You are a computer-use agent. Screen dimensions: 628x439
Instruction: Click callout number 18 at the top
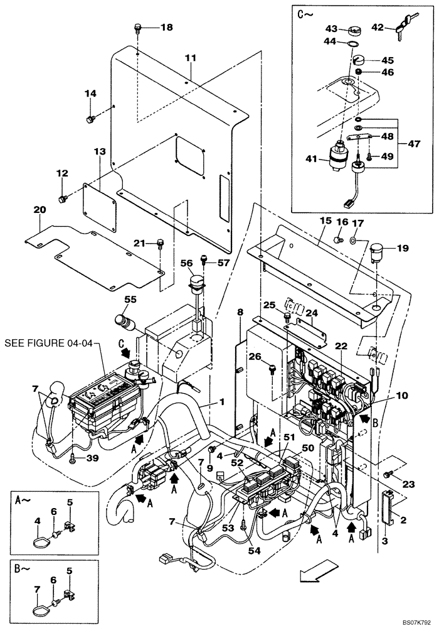click(166, 27)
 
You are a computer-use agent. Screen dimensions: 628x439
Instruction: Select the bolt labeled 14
click(92, 117)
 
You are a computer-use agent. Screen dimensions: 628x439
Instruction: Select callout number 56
click(187, 263)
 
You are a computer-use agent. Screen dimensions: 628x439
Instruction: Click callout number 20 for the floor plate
click(40, 210)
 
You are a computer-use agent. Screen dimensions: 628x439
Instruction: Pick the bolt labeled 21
click(160, 243)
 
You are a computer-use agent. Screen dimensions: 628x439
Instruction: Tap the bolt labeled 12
click(62, 198)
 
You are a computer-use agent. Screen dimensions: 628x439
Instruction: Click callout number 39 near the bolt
click(92, 458)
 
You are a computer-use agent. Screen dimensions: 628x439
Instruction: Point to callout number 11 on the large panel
click(191, 58)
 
